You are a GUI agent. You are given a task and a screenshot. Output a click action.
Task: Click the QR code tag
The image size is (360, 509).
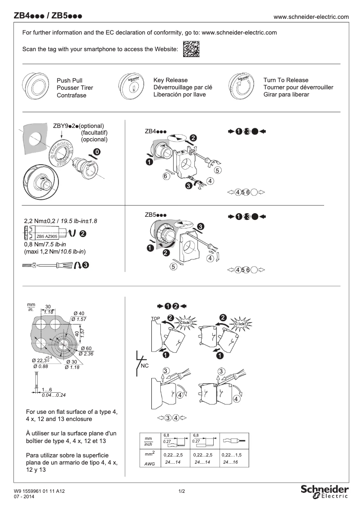click(x=191, y=49)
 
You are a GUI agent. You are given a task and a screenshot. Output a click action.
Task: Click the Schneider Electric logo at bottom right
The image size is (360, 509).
click(x=324, y=491)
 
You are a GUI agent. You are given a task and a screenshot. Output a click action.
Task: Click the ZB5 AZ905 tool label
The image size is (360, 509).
click(x=47, y=236)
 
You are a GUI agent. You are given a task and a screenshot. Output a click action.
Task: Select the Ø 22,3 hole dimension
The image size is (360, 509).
click(x=41, y=360)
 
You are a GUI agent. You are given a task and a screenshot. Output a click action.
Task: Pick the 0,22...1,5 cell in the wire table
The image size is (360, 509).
click(x=232, y=455)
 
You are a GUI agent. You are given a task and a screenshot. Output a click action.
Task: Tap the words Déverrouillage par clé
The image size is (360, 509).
click(x=183, y=88)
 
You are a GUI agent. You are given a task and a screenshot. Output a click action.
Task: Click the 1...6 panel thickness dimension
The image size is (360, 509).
click(x=47, y=389)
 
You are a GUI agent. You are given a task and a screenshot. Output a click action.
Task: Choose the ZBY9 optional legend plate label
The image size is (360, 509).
click(x=78, y=126)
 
